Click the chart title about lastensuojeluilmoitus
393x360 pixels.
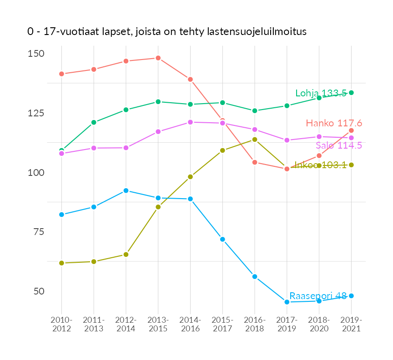coord(166,32)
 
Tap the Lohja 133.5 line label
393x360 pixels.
coord(321,93)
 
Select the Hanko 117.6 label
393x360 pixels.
coord(334,123)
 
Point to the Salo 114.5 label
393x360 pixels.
coord(339,145)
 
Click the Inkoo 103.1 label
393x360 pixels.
coord(321,165)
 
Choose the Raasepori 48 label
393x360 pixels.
coord(318,295)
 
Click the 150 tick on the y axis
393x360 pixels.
coord(36,54)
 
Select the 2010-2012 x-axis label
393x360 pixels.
coord(61,324)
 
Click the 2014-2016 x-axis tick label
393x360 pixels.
coord(190,324)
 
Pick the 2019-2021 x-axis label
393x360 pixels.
coord(351,324)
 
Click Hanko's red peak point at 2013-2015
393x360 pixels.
coord(158,58)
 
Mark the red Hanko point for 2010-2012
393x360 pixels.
coord(61,74)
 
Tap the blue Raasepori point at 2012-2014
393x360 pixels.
coord(126,190)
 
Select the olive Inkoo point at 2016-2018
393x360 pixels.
coord(255,140)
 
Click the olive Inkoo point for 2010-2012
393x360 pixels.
coord(61,263)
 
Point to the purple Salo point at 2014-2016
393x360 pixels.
coord(190,122)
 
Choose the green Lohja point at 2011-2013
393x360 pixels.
coord(94,122)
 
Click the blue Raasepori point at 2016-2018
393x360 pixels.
coord(255,276)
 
